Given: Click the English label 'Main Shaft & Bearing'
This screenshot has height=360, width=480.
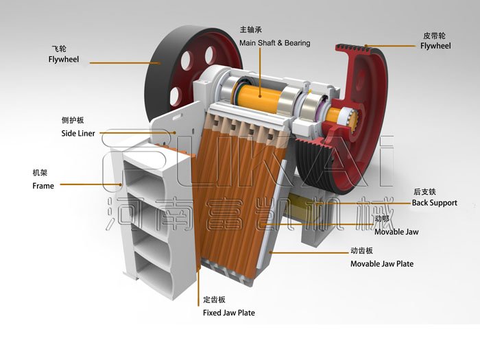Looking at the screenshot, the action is click(x=274, y=43).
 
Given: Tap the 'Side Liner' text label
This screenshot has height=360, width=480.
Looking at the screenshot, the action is click(x=78, y=133).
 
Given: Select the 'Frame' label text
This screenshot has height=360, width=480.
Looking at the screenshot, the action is click(x=43, y=186).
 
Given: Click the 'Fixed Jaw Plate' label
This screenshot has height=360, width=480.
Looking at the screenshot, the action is click(x=229, y=313).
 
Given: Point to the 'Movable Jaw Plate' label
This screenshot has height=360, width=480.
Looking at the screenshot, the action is click(x=382, y=264).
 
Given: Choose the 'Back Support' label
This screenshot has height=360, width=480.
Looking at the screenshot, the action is click(x=434, y=203).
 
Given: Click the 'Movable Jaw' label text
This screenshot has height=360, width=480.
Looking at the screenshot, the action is click(x=396, y=232).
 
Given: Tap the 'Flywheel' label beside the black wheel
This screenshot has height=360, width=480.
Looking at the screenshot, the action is click(x=64, y=60).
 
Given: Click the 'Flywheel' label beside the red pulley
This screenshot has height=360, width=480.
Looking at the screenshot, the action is click(x=435, y=46).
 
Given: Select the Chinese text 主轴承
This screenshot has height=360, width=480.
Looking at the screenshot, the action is click(x=251, y=29).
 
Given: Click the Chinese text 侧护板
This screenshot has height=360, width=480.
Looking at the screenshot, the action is click(x=73, y=120).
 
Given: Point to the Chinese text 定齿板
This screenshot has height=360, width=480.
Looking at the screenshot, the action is click(x=214, y=300).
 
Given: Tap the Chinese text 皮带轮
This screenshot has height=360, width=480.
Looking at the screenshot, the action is click(x=434, y=36).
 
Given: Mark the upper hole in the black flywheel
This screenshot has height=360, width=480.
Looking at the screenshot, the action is click(x=209, y=56).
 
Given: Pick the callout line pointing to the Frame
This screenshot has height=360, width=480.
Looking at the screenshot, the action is click(x=91, y=184).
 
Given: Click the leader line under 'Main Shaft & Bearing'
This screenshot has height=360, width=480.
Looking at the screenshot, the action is click(x=260, y=72).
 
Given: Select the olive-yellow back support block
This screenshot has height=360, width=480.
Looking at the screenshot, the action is click(x=298, y=206).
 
